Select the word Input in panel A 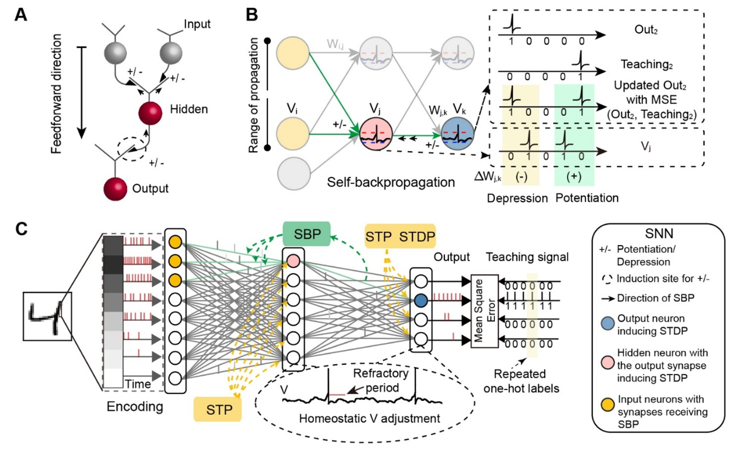(x=197, y=24)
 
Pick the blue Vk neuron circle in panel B (x=457, y=134)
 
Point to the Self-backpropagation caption (x=391, y=182)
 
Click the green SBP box (x=307, y=234)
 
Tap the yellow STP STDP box (x=400, y=237)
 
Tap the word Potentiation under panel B (x=587, y=198)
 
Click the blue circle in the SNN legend (x=607, y=323)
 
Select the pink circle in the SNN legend (x=607, y=362)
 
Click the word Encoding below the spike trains (x=134, y=406)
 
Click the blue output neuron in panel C (x=420, y=300)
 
